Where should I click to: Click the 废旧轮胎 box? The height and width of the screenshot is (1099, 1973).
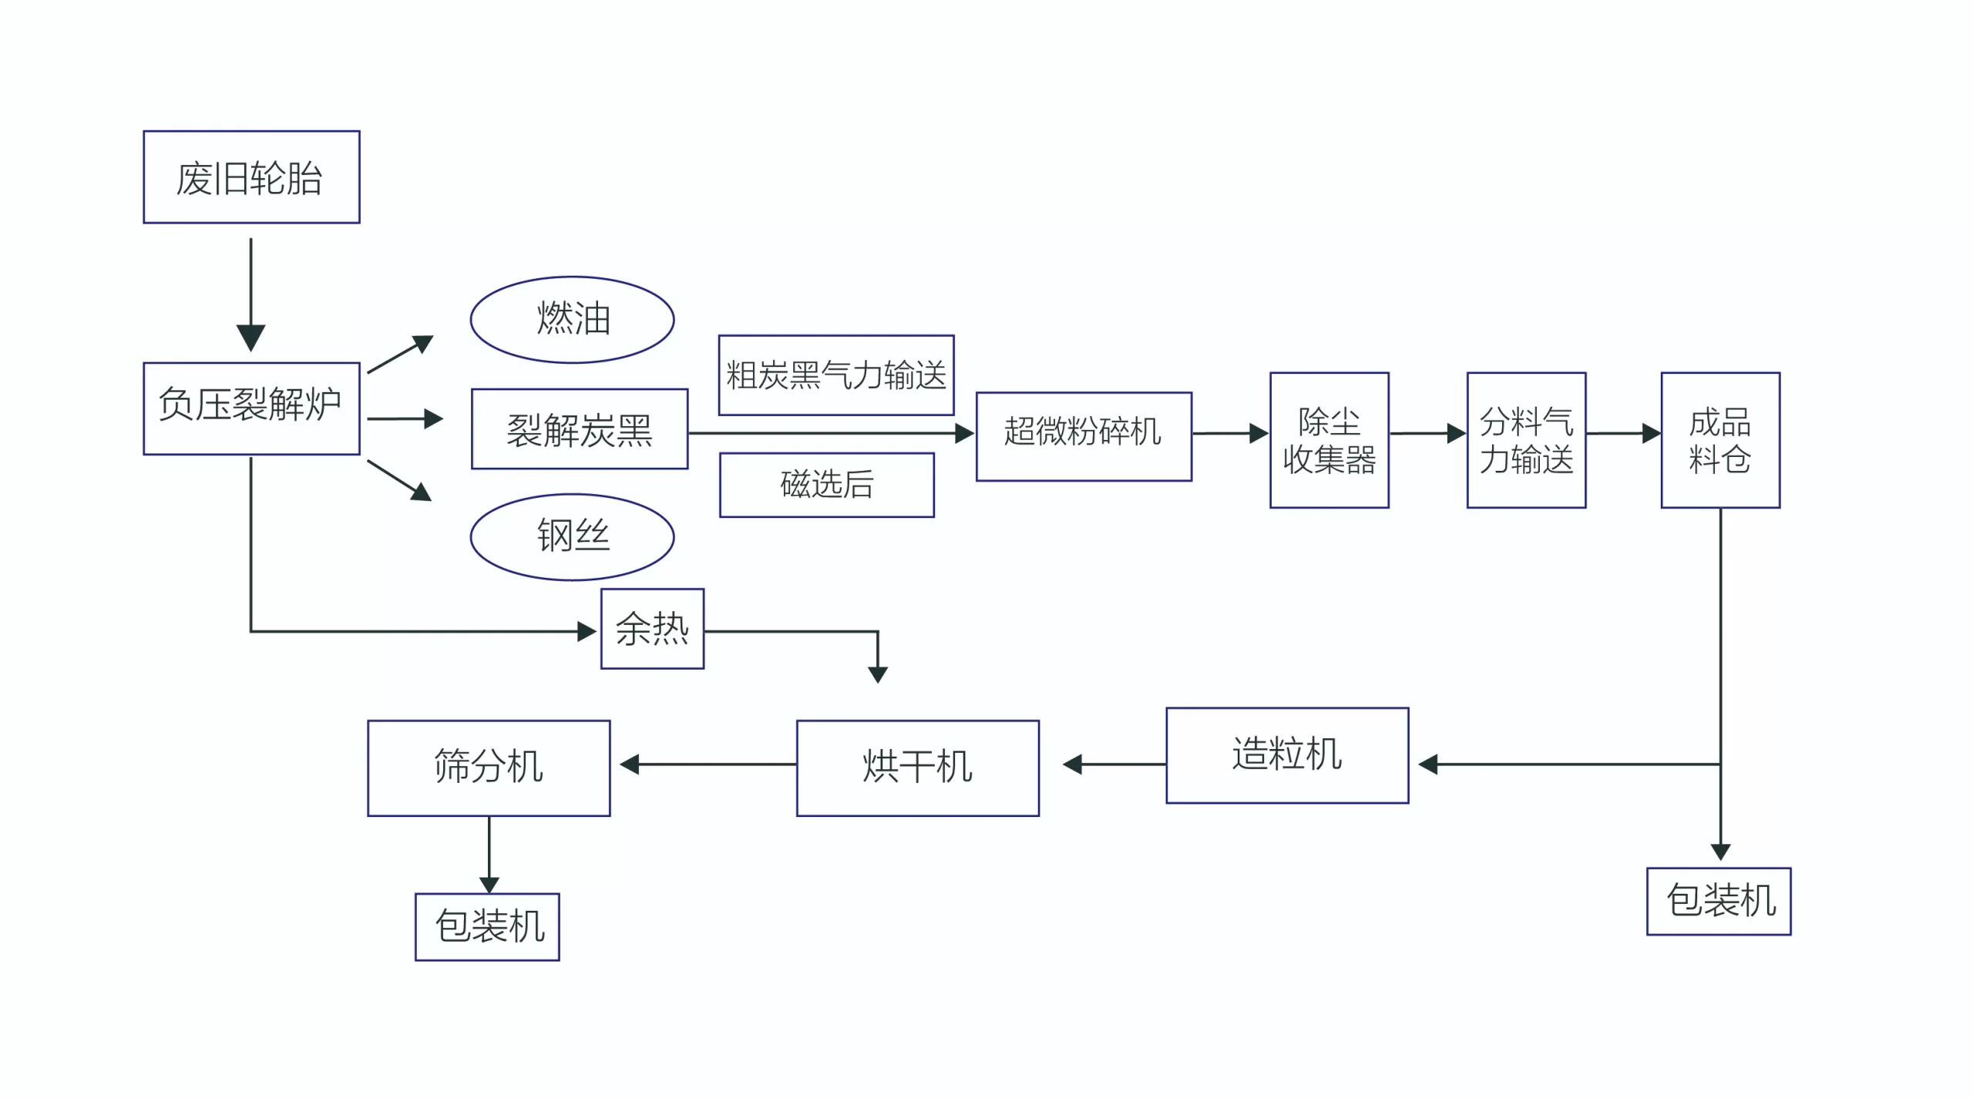point(251,177)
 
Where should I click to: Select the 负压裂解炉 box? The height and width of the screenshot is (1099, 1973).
point(251,408)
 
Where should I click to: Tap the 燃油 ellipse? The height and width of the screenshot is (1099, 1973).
point(572,319)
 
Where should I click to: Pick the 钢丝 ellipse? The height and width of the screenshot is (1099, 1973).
point(572,536)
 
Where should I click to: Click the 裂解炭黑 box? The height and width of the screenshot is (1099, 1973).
point(580,429)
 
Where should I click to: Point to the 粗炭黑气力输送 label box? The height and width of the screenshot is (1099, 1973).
point(836,375)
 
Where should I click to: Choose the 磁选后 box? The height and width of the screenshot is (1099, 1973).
point(827,485)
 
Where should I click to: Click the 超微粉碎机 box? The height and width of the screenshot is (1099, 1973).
point(1084,436)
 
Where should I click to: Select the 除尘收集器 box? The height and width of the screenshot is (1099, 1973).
point(1329,440)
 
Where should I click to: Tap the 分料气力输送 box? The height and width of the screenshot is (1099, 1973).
point(1526,440)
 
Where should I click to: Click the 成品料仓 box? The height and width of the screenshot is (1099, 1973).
point(1720,440)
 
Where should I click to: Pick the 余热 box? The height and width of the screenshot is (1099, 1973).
point(652,629)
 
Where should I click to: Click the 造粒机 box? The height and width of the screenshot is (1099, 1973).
point(1287,755)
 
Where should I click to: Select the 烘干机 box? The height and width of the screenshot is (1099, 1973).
point(917,768)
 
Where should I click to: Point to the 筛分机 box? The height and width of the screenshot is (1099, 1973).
point(489,768)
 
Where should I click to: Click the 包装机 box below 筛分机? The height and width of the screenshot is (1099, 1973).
point(487,926)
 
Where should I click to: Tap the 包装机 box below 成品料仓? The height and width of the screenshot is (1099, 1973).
point(1719,901)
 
